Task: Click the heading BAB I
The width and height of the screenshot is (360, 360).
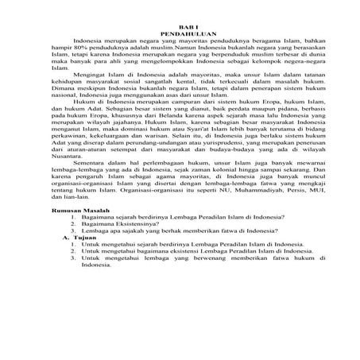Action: tap(180, 27)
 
